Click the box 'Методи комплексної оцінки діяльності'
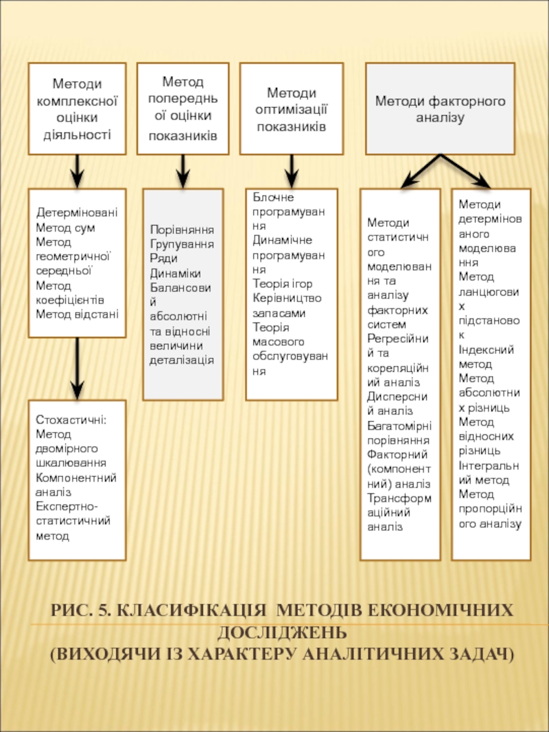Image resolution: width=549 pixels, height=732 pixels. coord(77,108)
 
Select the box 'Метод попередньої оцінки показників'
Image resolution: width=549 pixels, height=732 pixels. coord(183,108)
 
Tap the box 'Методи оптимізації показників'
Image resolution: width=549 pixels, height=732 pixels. coord(292,108)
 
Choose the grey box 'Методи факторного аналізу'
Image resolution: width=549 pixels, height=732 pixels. coord(440,108)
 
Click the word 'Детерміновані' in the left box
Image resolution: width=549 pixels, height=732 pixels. coord(77,213)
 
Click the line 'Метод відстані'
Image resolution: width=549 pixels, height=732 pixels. coord(77,314)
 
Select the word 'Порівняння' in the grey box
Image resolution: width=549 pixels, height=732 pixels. coord(182,229)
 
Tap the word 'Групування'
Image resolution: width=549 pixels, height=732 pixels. coord(182,244)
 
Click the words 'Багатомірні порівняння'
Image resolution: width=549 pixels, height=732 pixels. coord(399,433)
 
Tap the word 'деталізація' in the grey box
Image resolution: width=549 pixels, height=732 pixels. coord(182,359)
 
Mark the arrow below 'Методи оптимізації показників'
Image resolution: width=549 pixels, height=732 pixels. coord(292,170)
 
